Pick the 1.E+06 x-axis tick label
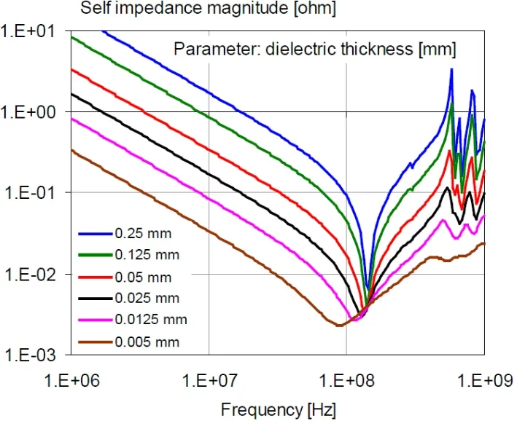[71, 379]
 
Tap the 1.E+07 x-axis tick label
[209, 379]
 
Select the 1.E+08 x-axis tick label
[346, 379]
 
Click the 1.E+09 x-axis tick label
[484, 379]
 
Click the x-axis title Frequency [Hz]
[279, 408]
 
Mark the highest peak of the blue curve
[452, 69]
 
